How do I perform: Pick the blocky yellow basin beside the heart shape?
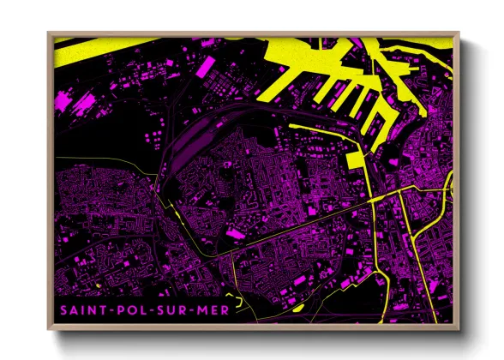coord(356,159)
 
